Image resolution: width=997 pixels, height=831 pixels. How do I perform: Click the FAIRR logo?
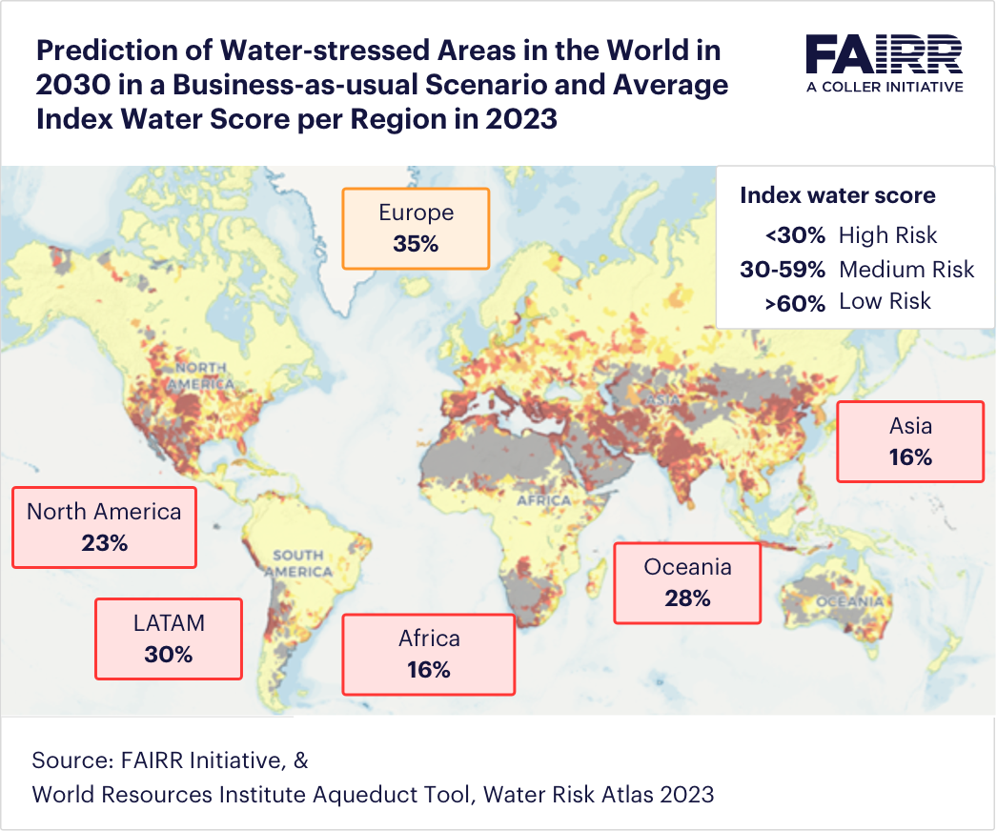tap(884, 55)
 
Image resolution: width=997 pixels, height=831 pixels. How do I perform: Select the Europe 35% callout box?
tap(416, 228)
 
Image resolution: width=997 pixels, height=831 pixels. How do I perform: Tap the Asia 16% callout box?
tap(909, 441)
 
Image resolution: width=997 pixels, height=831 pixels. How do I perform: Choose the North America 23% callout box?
tap(104, 527)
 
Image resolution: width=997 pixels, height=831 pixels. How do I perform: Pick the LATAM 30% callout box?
tap(169, 638)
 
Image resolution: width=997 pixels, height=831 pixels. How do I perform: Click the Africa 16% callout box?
tap(428, 654)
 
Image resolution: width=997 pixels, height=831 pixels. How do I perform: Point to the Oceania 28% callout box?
tap(687, 582)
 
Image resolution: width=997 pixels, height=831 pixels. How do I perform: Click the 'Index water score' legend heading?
tap(837, 195)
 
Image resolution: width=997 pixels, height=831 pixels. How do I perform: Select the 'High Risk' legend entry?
tap(887, 235)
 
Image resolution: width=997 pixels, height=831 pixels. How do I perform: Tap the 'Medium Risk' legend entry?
tap(905, 270)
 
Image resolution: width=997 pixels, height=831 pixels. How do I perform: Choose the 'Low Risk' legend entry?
tap(885, 302)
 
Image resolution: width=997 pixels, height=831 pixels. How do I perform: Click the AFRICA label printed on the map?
tap(543, 499)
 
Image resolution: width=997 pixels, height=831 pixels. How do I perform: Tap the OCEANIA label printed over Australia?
tap(849, 601)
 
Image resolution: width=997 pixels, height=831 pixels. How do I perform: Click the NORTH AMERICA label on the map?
tap(200, 375)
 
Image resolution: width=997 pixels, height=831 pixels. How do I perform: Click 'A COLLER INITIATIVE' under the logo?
tap(884, 86)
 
